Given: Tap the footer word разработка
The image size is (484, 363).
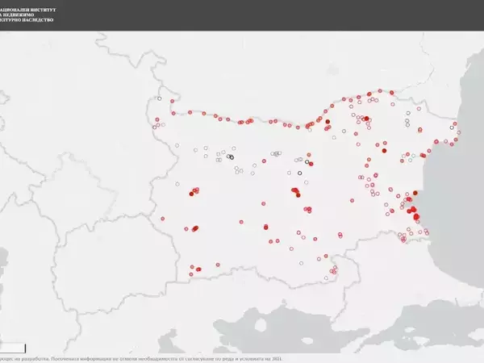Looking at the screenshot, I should click(35, 358).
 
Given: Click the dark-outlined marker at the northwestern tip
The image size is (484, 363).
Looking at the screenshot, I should click(160, 99).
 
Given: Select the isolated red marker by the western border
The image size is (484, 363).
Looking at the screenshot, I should click(163, 219).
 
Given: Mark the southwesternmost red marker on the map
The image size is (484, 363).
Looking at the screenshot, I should click(191, 275).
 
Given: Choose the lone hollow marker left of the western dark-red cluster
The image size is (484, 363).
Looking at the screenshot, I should click(177, 181).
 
